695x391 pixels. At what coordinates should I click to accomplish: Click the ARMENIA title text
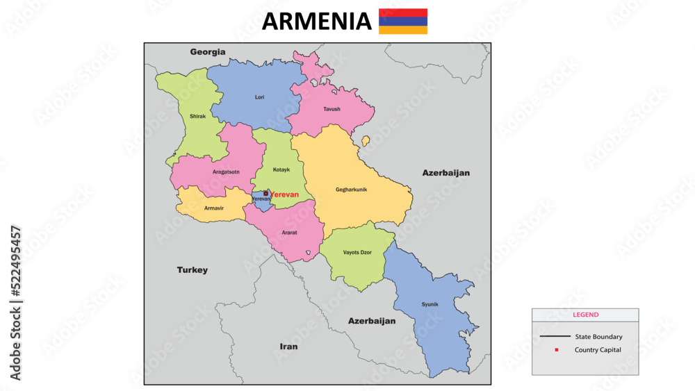click(316, 22)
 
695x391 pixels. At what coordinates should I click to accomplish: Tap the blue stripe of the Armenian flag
click(403, 22)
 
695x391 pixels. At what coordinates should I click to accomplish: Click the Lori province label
click(259, 97)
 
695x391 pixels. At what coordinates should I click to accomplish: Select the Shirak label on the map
click(197, 117)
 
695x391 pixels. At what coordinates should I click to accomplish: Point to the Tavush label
click(332, 109)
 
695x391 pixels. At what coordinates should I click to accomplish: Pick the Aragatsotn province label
click(226, 171)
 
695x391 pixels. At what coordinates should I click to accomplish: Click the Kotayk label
click(281, 169)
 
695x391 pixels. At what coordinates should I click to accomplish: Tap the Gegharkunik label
click(351, 190)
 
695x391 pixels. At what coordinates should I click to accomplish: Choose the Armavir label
click(213, 208)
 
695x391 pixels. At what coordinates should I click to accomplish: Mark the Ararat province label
click(289, 233)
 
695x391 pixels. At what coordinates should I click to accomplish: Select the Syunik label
click(430, 304)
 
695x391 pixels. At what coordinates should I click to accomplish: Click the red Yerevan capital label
click(284, 194)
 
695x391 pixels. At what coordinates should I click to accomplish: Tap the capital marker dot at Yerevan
click(265, 194)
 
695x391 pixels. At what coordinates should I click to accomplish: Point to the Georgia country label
click(208, 51)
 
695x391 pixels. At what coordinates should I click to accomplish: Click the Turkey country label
click(192, 270)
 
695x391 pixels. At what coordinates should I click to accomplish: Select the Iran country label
click(288, 346)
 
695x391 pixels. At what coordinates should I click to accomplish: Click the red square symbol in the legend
click(557, 349)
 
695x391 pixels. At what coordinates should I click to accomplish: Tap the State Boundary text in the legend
click(598, 337)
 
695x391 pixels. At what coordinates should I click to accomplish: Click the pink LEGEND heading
click(585, 315)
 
